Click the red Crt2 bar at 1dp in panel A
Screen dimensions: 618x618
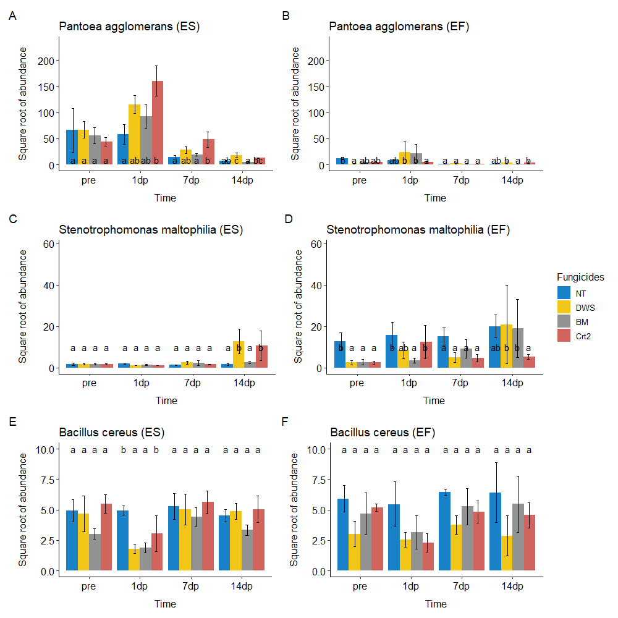tap(157, 123)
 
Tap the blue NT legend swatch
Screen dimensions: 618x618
tap(564, 292)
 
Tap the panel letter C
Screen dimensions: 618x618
tap(12, 219)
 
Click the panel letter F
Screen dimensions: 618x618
tap(285, 422)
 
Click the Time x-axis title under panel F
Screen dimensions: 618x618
tap(436, 604)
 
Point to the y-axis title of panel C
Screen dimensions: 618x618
tap(23, 306)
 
